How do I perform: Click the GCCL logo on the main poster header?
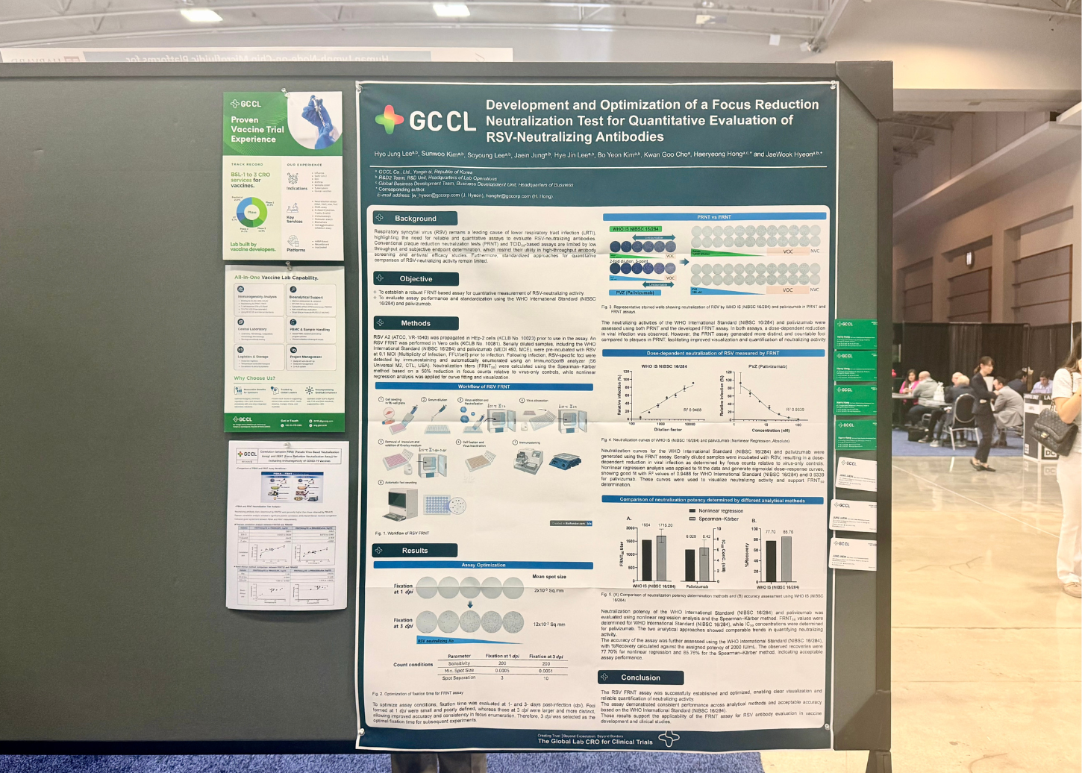pos(425,120)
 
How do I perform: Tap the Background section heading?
pos(416,219)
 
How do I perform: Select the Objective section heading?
pos(416,278)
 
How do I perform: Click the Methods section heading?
pos(416,323)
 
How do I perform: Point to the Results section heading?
pos(415,551)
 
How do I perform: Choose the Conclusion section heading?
pos(640,677)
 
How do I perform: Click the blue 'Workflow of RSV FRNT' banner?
pos(484,386)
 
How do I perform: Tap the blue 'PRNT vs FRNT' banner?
pos(713,217)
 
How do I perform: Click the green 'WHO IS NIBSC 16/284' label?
pos(635,229)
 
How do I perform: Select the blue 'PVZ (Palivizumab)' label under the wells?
pos(636,292)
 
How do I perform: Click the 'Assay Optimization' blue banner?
pos(483,565)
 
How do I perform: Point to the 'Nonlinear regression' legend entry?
pos(720,511)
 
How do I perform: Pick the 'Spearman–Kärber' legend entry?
pos(718,519)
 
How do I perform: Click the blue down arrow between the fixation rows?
pos(470,604)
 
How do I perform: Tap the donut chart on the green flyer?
pos(251,213)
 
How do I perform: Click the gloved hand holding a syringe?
pos(317,119)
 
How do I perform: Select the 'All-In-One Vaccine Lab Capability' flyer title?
pos(276,278)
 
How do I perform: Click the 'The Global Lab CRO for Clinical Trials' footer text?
pos(595,742)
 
